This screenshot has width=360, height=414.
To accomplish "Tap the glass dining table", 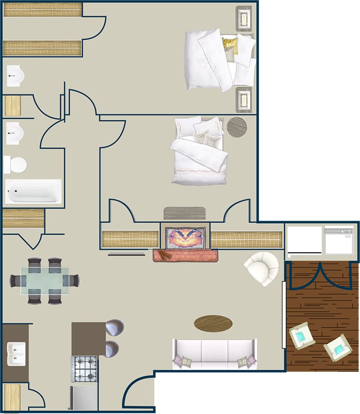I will coord(45,281).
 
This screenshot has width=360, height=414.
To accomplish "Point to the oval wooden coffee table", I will coord(213,323).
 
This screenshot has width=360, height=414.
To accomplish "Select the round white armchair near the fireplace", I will coord(261,268).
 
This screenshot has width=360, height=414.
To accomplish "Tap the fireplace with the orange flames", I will coord(185,238).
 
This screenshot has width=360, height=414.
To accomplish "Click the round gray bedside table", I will coord(237,127).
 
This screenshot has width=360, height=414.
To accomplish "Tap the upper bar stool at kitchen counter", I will coord(114,328).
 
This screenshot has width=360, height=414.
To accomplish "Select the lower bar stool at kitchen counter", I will coord(112,349).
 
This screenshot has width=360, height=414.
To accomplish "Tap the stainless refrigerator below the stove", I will coord(84,399).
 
